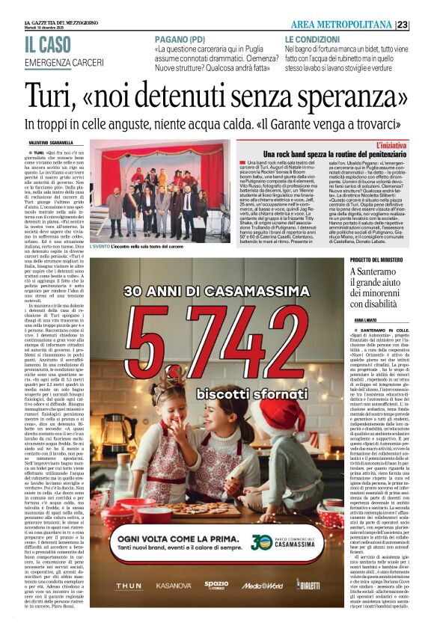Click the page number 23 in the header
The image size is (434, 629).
(x=423, y=25)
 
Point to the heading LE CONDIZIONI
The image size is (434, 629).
(x=312, y=39)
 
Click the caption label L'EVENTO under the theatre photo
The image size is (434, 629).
(x=100, y=246)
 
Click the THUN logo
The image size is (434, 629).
(x=129, y=586)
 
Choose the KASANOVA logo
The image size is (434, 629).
(x=173, y=586)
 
